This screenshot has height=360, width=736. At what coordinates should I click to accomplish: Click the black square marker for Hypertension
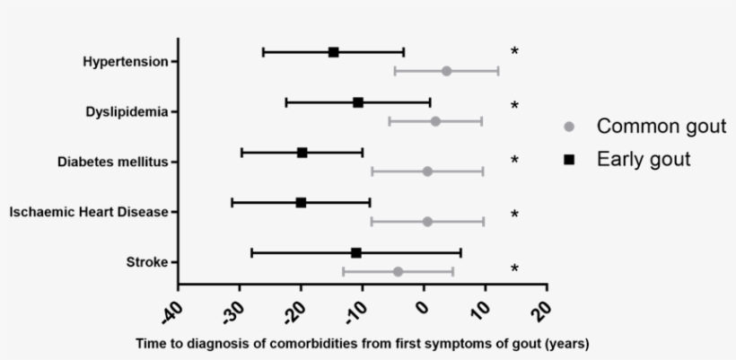(x=334, y=52)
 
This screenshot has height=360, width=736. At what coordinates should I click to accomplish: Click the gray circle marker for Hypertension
(x=446, y=71)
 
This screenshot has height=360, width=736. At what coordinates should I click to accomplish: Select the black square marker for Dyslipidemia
(x=358, y=102)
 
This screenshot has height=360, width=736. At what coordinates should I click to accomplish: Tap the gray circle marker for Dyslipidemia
(x=435, y=121)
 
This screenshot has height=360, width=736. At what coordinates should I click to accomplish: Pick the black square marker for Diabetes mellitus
(x=302, y=153)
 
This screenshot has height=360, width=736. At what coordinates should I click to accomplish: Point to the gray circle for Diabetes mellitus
(x=427, y=171)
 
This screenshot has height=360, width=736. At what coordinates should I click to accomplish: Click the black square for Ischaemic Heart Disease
(x=301, y=203)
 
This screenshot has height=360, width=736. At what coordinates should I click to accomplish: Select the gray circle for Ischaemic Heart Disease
(x=427, y=222)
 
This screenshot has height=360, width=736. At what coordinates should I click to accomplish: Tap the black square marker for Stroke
(x=356, y=253)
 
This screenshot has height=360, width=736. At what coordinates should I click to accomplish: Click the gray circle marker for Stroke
(x=398, y=271)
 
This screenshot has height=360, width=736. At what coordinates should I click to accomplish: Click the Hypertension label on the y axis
(x=125, y=62)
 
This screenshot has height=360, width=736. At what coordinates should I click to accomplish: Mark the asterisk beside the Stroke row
(x=514, y=268)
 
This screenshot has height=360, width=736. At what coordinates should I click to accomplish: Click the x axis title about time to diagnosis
(x=362, y=344)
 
